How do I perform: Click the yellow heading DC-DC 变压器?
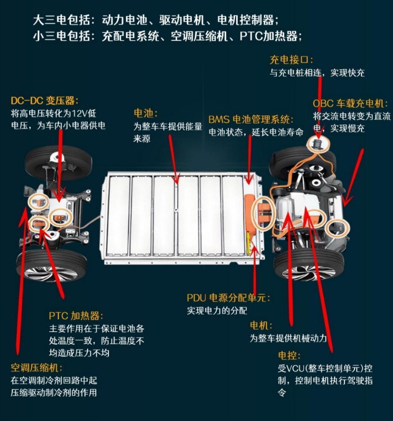tap(44, 101)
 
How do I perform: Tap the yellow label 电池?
tap(146, 113)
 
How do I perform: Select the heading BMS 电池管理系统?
tap(251, 119)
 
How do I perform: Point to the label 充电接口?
tap(291, 60)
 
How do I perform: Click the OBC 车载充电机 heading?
tap(350, 103)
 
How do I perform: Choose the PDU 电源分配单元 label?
tap(228, 298)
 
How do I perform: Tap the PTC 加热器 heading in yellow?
tap(76, 316)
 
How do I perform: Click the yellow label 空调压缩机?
tap(36, 368)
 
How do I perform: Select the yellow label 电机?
tap(261, 325)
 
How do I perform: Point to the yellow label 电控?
tap(289, 356)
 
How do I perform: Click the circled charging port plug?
tap(318, 144)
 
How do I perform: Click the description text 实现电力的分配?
tap(217, 311)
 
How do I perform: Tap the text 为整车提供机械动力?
tap(288, 338)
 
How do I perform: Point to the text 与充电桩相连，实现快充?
tap(317, 72)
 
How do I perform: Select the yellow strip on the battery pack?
tap(248, 243)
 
